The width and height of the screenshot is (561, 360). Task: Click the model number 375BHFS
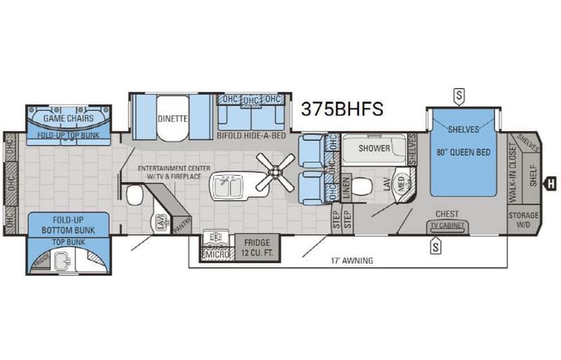342,109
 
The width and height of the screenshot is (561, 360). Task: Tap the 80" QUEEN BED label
463,152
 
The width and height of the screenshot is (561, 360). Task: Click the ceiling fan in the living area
274,171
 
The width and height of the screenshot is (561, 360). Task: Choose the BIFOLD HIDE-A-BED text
251,136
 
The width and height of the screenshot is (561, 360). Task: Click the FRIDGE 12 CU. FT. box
257,246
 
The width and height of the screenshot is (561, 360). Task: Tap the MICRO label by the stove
216,253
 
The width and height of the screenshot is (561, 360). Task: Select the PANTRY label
182,225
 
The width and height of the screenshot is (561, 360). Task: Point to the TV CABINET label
447,226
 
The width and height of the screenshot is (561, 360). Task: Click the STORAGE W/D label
523,220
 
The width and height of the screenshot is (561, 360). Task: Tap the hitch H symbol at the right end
550,183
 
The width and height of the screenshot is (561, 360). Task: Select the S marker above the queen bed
459,96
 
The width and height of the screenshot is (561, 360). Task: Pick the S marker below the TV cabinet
436,246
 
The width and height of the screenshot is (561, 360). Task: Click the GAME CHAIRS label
68,119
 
